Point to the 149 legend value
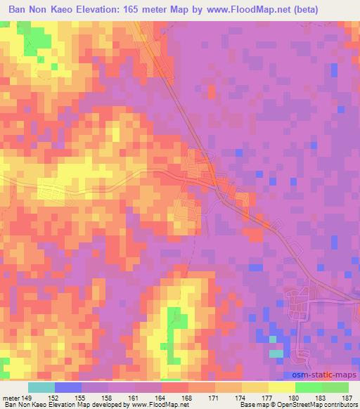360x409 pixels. pyautogui.click(x=28, y=397)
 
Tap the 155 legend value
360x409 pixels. pyautogui.click(x=81, y=397)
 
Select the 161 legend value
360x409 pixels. pyautogui.click(x=134, y=397)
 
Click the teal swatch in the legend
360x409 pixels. pyautogui.click(x=41, y=387)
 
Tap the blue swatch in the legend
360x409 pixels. pyautogui.click(x=68, y=387)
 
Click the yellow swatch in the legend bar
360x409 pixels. pyautogui.click(x=282, y=387)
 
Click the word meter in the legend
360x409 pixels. pyautogui.click(x=10, y=397)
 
